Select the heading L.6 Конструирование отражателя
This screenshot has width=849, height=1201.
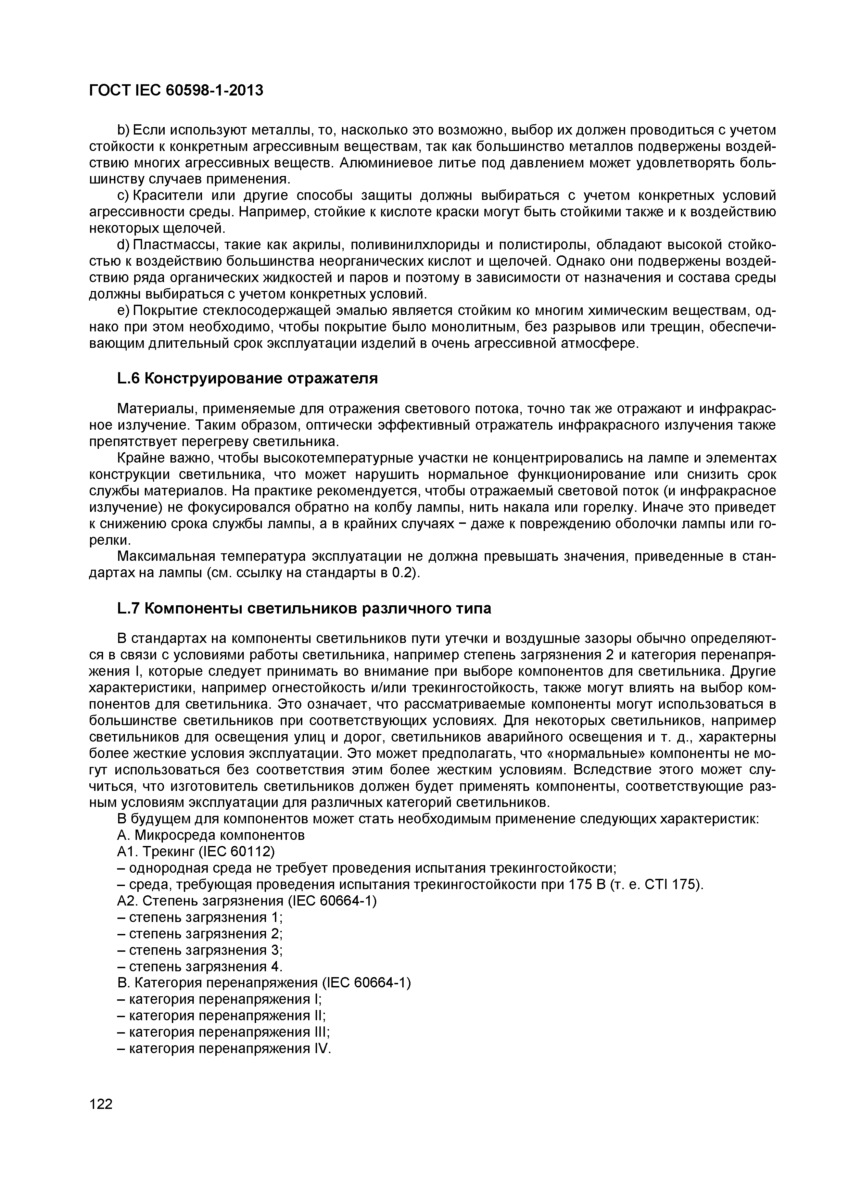[x=247, y=378]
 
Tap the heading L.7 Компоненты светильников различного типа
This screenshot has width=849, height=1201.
[x=304, y=608]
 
